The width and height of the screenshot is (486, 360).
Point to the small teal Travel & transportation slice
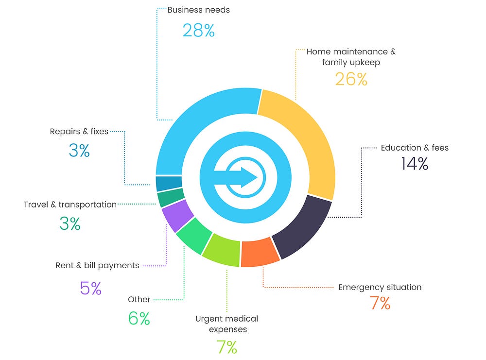pos(170,198)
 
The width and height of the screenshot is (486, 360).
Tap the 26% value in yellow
pos(351,79)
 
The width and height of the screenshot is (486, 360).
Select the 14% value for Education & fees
pos(415,164)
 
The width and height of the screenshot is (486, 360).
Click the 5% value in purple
pos(91,289)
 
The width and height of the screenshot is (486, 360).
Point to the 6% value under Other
pos(139,319)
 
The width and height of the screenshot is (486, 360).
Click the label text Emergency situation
pos(380,287)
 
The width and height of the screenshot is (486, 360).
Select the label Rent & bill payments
pos(97,265)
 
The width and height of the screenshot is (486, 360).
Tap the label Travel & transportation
pos(70,205)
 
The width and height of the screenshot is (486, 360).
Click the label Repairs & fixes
pos(79,131)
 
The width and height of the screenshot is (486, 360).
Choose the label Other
pos(139,299)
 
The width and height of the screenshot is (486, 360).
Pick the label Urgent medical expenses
pos(226,324)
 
